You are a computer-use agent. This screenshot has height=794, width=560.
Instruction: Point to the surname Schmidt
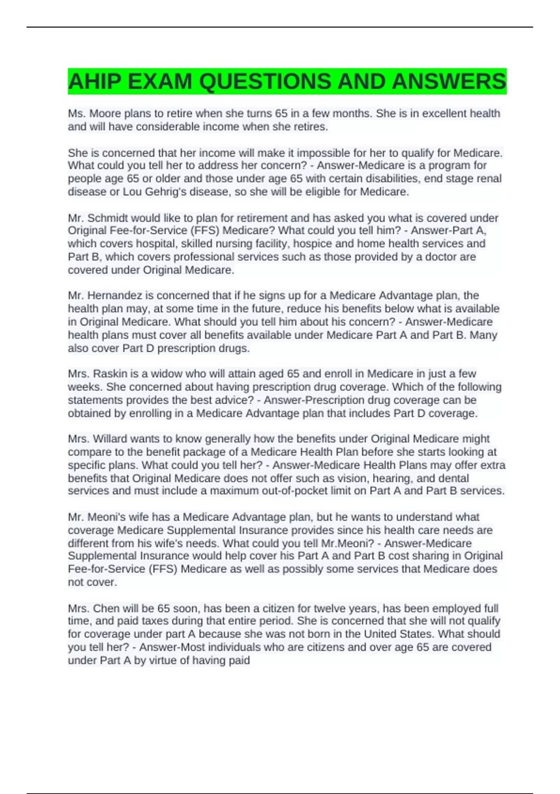pos(111,218)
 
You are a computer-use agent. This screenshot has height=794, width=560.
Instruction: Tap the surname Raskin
pos(110,374)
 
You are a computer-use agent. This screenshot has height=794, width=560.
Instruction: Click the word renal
pos(488,179)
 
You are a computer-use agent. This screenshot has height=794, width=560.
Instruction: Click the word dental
pos(453,478)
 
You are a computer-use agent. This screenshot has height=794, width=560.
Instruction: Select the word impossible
pos(322,153)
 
